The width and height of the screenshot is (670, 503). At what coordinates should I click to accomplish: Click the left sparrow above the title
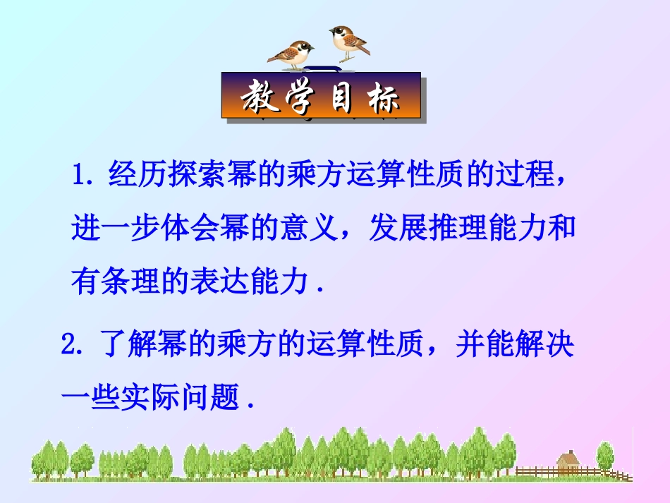[291, 54]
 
